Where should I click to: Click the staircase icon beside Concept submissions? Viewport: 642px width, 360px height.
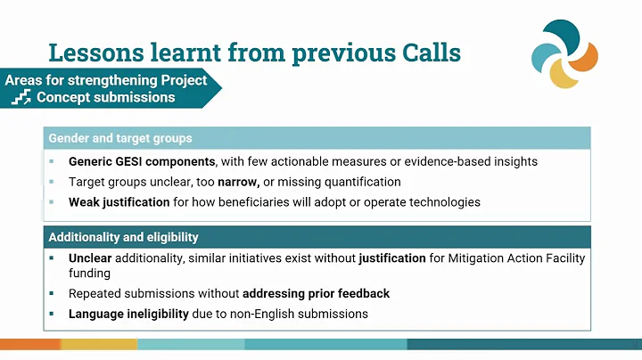tap(21, 97)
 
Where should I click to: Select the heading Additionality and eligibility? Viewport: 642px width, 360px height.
tap(123, 238)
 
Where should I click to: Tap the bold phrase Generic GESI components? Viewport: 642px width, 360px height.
tap(142, 162)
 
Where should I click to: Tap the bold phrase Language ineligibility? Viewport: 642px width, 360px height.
tap(128, 314)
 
